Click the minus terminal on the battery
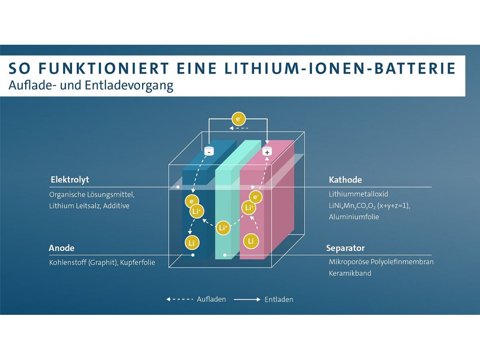(x=209, y=151)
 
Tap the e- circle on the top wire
(x=238, y=119)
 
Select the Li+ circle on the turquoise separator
(x=223, y=228)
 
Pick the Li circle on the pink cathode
(x=251, y=241)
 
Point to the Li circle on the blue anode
(x=192, y=243)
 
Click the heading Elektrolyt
(x=70, y=179)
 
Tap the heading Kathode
(x=345, y=179)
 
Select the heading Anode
(x=61, y=248)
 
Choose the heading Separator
(x=345, y=248)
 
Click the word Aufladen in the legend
(x=211, y=299)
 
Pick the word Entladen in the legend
(x=279, y=299)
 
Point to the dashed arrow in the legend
(x=179, y=299)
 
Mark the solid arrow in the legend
(x=247, y=299)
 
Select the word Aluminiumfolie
(x=354, y=217)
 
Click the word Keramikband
(x=350, y=273)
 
